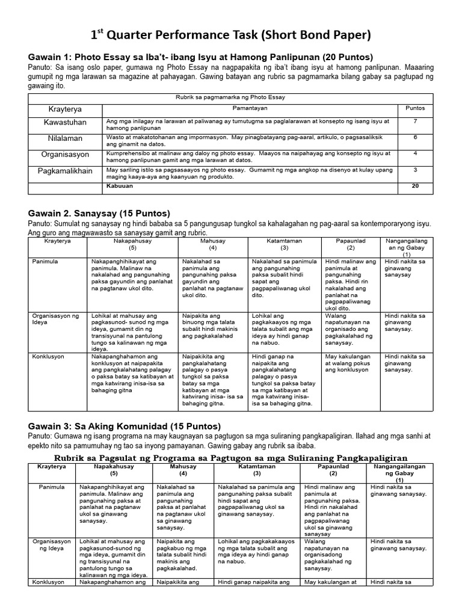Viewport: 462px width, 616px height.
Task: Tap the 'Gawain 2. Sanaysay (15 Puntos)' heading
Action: (99, 214)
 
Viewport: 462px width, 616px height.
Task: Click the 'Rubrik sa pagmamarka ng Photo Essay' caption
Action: (230, 97)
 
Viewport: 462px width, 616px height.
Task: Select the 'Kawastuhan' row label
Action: (65, 122)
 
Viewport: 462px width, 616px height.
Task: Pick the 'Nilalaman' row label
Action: (65, 138)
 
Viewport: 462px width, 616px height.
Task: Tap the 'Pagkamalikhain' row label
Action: (65, 171)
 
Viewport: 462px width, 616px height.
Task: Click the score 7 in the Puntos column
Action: (414, 122)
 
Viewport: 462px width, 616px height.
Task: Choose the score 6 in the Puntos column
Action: (414, 137)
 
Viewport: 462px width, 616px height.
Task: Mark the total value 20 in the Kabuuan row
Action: (414, 186)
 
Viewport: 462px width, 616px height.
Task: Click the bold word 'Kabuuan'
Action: (120, 186)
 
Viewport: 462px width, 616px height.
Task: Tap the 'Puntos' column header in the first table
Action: (415, 108)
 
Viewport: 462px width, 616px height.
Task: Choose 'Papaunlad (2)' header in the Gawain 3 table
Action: (333, 470)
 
